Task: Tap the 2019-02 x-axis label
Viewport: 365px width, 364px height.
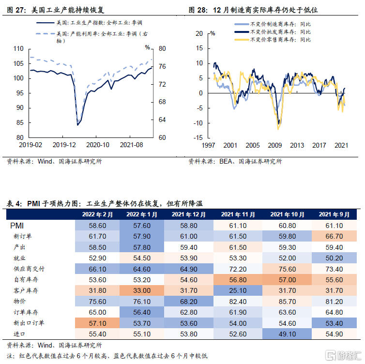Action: click(30, 145)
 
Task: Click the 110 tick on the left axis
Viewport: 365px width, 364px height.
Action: click(19, 49)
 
